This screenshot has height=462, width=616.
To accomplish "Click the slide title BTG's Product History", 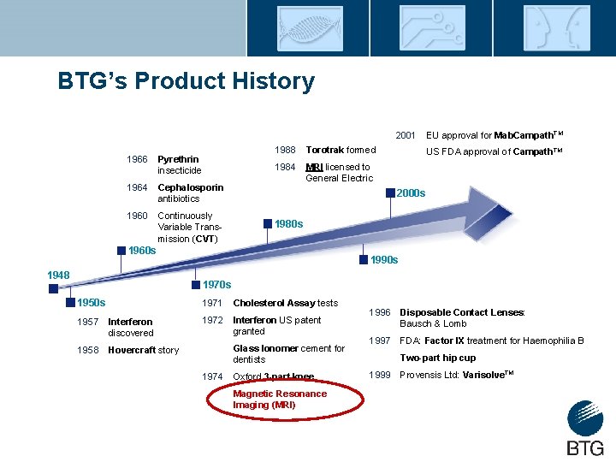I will [186, 81].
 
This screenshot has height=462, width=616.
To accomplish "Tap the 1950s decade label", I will [91, 303].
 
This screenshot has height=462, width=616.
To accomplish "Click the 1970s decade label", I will [216, 284].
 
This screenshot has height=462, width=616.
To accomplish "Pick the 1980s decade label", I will [288, 223].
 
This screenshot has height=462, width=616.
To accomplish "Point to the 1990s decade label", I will [383, 259].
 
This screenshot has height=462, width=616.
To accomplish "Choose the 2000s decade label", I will [411, 193].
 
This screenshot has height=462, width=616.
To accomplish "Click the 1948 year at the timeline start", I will [58, 275].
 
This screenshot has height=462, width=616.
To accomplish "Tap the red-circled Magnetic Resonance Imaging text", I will [280, 400].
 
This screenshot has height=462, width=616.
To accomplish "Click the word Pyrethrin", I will [178, 159].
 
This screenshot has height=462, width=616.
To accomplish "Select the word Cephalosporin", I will [191, 187].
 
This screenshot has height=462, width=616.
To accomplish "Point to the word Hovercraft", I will [132, 350].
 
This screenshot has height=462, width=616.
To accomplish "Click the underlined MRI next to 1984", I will [314, 167].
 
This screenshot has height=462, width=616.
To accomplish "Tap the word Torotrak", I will [325, 150].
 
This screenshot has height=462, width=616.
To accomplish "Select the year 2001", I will [406, 135].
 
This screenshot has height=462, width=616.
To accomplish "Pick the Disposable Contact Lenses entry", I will [461, 312].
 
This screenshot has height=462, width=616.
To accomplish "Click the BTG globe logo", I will [584, 419].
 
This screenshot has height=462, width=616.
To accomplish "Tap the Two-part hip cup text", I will [437, 358].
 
